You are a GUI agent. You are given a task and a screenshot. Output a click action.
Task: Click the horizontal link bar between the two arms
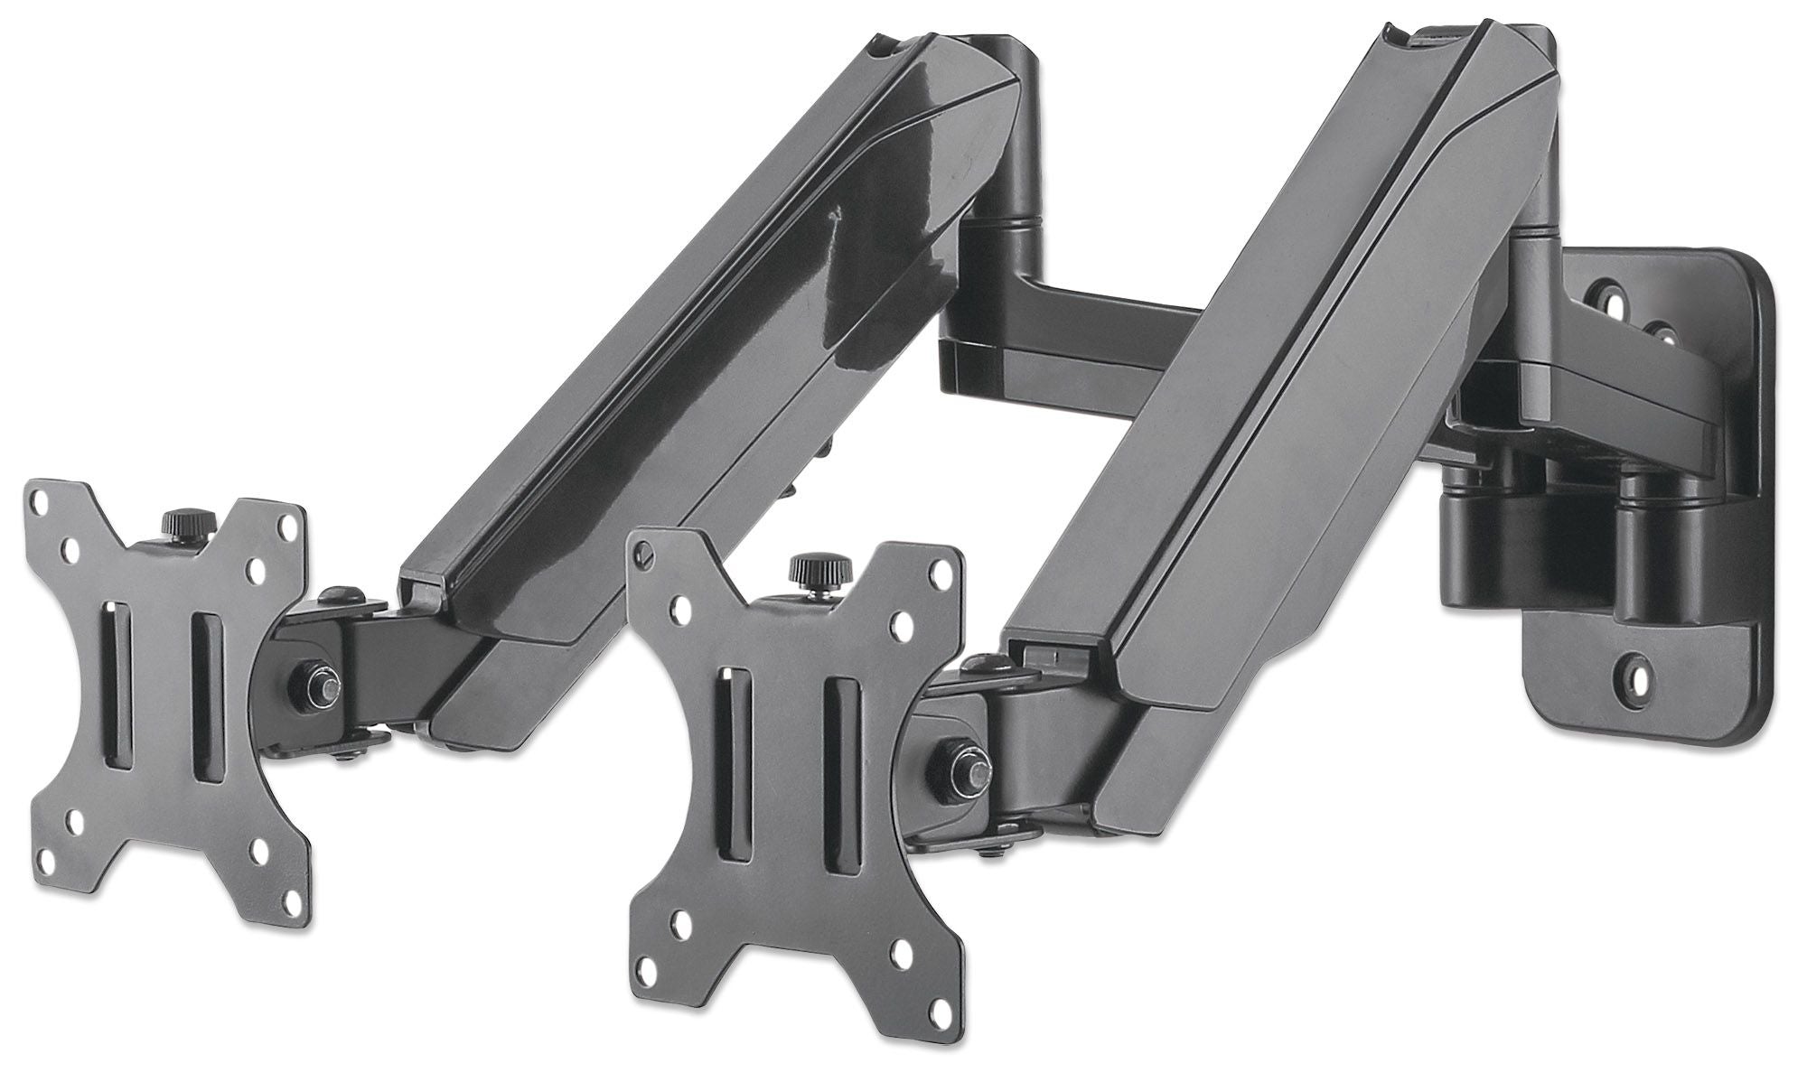coord(1084,334)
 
